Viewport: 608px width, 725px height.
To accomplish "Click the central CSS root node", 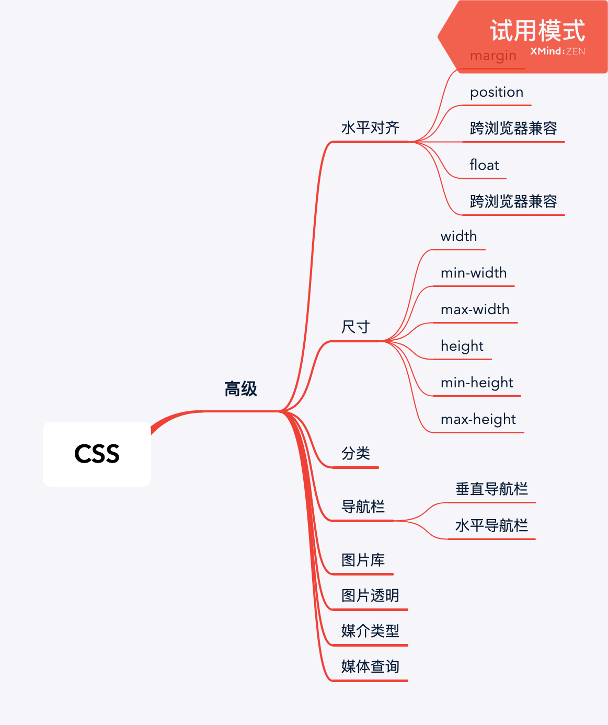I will click(x=97, y=454).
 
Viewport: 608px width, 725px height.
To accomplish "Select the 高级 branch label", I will click(x=240, y=389).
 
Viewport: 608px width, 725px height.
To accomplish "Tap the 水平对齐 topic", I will click(x=370, y=128).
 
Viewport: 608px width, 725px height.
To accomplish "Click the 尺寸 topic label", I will click(x=355, y=327).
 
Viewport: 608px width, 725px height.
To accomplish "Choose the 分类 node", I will click(x=355, y=453).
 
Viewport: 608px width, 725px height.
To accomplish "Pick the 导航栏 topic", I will click(x=363, y=507).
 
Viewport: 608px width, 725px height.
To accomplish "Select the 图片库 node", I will click(x=363, y=560).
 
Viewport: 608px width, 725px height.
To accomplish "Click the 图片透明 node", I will click(x=370, y=595).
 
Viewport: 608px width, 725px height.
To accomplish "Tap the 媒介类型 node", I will click(x=370, y=631).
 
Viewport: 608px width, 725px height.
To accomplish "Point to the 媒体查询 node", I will click(x=370, y=666).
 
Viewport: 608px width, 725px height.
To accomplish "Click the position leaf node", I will click(x=497, y=93).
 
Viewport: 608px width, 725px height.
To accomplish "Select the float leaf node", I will click(x=484, y=165).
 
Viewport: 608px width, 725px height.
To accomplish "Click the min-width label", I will click(x=474, y=273).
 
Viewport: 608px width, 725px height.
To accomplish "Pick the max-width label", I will click(x=475, y=309).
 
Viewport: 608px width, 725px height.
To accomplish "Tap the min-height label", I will click(x=477, y=383).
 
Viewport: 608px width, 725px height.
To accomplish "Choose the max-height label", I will click(x=478, y=419).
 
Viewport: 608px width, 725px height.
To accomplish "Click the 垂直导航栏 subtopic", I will click(x=491, y=489).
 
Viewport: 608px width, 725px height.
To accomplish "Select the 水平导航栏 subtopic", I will click(x=491, y=525).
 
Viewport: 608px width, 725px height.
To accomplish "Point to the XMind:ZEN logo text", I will click(x=557, y=51).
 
